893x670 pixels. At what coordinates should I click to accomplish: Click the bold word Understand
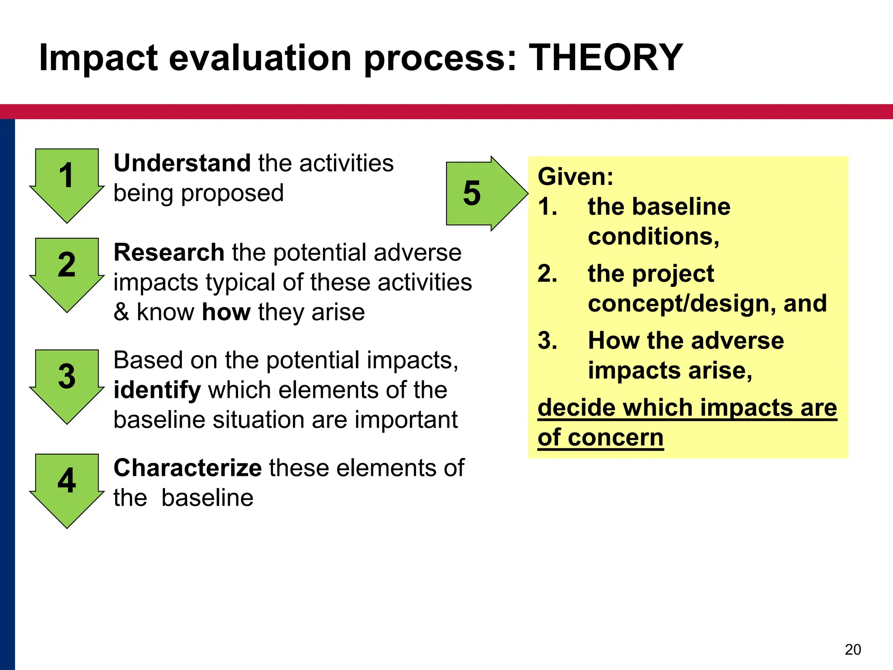[182, 164]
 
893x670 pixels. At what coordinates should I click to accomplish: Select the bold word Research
[169, 253]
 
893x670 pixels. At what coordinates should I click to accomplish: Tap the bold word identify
[157, 390]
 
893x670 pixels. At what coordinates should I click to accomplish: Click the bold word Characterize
[187, 468]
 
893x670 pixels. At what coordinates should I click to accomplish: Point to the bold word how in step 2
[226, 312]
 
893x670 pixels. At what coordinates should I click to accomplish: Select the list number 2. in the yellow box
[547, 274]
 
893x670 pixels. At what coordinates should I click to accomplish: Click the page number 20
[853, 649]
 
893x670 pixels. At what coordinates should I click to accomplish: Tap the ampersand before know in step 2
[121, 312]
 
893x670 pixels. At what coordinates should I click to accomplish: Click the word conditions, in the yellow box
[653, 237]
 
